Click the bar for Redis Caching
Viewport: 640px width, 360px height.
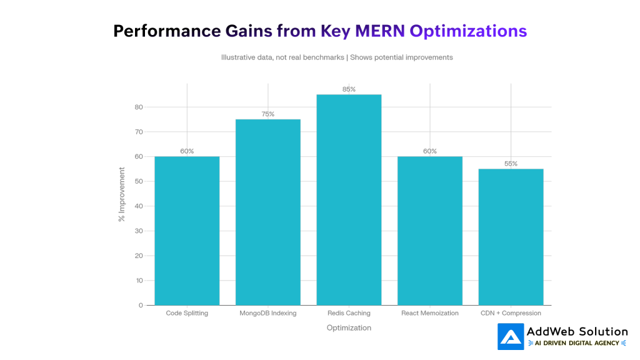point(349,200)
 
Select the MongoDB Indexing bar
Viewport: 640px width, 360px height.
point(267,212)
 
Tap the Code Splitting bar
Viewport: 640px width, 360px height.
point(187,231)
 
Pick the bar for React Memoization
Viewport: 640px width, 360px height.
point(430,231)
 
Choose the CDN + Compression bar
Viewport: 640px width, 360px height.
point(511,237)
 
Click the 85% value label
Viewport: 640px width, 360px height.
point(349,89)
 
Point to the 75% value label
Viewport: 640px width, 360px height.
point(267,114)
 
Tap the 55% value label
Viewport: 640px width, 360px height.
point(511,164)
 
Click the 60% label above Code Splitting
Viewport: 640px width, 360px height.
point(187,151)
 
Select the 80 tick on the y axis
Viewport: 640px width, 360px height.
point(139,107)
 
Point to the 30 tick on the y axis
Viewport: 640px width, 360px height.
point(139,231)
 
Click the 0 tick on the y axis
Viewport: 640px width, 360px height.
point(141,305)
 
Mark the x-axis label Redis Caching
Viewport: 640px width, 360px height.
point(349,313)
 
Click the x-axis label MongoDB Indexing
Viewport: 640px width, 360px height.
point(267,313)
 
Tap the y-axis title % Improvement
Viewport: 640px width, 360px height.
point(122,194)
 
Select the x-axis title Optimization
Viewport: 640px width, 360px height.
point(349,327)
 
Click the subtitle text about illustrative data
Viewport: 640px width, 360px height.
point(337,57)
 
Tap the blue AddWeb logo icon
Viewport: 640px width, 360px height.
point(510,336)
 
